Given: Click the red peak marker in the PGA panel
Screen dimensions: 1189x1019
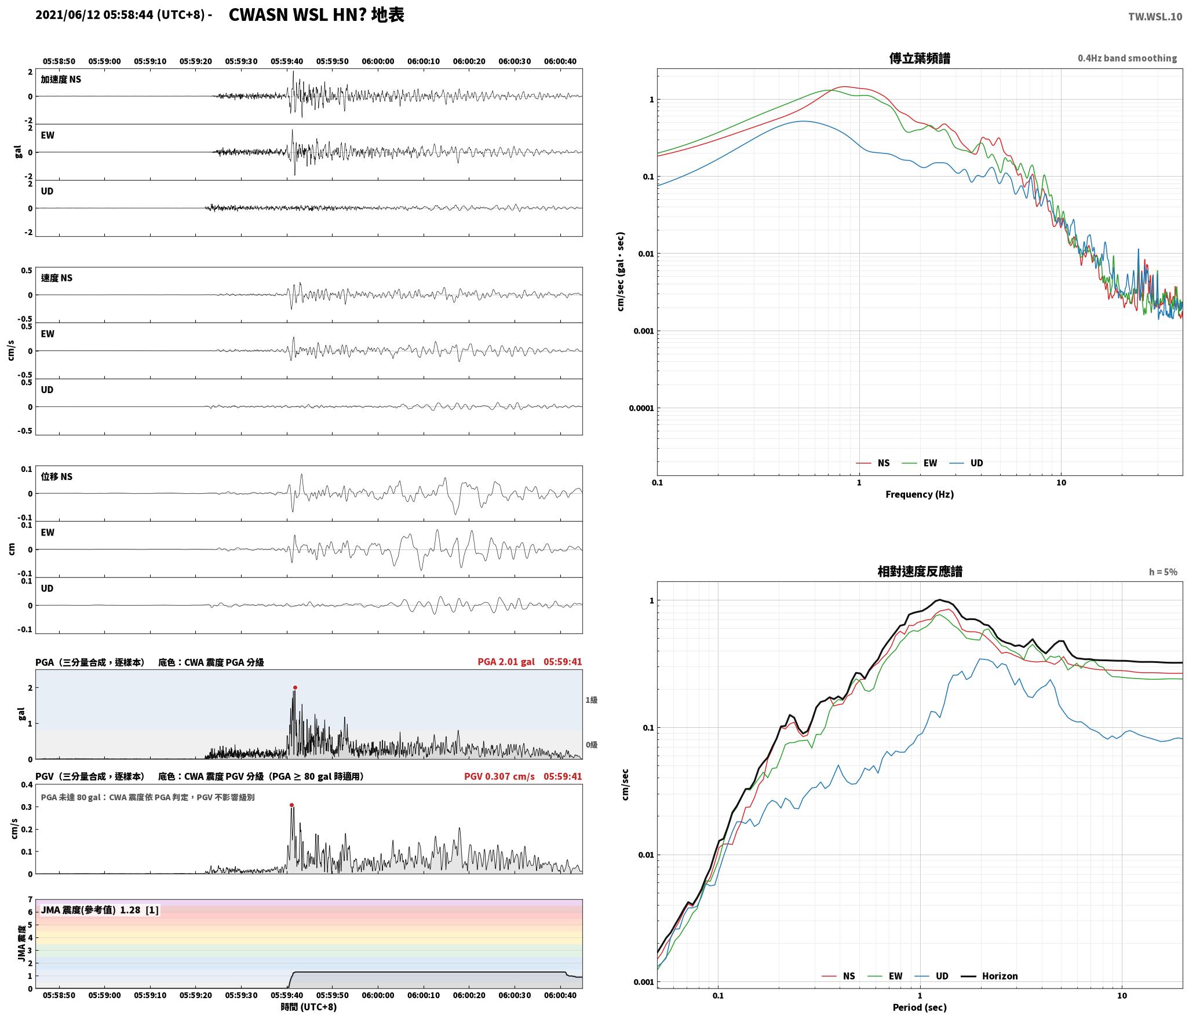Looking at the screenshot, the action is pyautogui.click(x=295, y=688).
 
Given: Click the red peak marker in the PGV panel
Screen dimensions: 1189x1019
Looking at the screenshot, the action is pyautogui.click(x=291, y=805).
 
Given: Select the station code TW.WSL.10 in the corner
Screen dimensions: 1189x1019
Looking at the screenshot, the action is pyautogui.click(x=1155, y=17).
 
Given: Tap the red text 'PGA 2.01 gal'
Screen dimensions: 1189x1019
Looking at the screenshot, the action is pyautogui.click(x=506, y=662).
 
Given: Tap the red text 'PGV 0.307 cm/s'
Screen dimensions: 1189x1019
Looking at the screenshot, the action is pyautogui.click(x=499, y=776).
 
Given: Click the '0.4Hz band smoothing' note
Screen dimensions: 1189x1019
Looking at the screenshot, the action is pyautogui.click(x=1127, y=58).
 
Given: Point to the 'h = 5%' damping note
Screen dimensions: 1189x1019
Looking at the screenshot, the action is pyautogui.click(x=1163, y=572).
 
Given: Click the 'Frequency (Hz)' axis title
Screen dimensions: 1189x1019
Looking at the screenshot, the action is pyautogui.click(x=920, y=494).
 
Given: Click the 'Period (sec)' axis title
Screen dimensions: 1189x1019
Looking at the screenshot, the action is pyautogui.click(x=920, y=1007).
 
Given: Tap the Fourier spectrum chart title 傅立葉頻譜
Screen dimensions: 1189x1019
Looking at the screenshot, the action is pyautogui.click(x=920, y=58).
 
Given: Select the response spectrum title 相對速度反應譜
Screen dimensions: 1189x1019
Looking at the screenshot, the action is pyautogui.click(x=920, y=571).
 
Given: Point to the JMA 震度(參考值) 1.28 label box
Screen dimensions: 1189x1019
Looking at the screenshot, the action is pyautogui.click(x=100, y=910).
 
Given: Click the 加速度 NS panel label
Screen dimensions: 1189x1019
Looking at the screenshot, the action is pyautogui.click(x=61, y=80).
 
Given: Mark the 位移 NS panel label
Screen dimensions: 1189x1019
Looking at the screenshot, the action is pyautogui.click(x=57, y=477).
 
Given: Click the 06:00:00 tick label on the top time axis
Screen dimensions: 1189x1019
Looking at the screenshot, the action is pyautogui.click(x=378, y=61).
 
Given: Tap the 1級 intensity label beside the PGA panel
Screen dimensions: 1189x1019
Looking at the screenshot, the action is pyautogui.click(x=591, y=700).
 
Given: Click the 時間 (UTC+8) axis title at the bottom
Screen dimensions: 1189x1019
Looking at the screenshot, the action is pyautogui.click(x=309, y=1007).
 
